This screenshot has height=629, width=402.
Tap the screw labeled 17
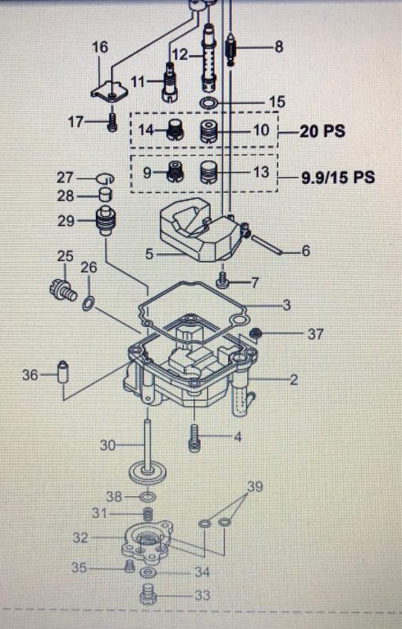[x=113, y=122]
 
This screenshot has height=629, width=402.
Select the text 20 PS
[x=322, y=131]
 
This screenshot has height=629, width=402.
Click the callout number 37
[x=315, y=334]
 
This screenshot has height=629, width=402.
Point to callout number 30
[x=109, y=445]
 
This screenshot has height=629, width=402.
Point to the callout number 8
[x=278, y=47]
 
